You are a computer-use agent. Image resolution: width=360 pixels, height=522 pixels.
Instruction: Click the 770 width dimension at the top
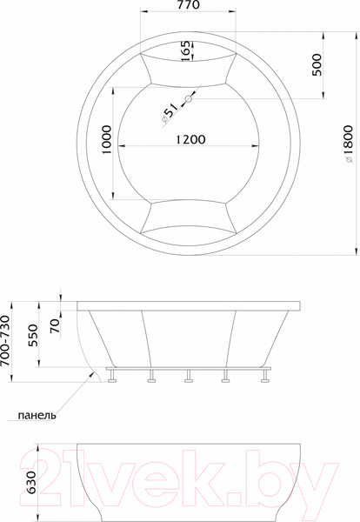tap(188, 7)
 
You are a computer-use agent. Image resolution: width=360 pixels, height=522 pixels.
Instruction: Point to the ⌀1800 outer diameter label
tap(349, 142)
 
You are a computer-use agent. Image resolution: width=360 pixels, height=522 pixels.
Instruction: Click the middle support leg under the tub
tap(187, 377)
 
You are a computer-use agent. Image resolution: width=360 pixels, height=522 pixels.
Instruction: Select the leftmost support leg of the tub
tap(112, 377)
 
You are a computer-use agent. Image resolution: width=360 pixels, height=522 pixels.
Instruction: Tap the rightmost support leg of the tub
tap(262, 377)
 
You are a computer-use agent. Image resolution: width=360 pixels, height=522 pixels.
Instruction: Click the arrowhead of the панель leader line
tap(94, 372)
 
